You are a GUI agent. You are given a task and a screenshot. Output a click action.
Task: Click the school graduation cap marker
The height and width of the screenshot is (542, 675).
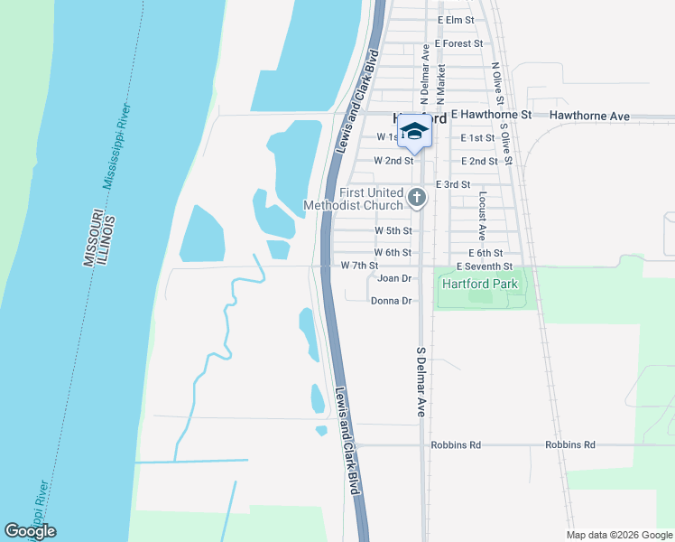point(414,132)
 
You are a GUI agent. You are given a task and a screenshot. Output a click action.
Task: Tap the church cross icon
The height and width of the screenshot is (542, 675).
point(417,197)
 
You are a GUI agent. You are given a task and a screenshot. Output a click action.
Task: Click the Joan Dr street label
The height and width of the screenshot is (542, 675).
point(394,278)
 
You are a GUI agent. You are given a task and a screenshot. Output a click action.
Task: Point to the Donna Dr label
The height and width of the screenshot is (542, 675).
point(391,301)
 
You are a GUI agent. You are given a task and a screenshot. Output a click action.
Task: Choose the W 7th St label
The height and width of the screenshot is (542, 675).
point(358,265)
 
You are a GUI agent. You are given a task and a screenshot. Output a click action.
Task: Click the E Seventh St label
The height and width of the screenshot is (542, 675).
point(485,266)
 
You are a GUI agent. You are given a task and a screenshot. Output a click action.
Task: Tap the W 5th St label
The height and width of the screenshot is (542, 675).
point(393,230)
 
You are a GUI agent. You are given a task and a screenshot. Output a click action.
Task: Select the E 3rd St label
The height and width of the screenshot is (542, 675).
point(453,184)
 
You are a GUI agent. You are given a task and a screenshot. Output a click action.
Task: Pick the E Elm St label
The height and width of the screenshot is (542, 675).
point(455,19)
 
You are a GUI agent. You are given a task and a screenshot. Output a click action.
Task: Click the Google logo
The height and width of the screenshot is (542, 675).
point(30,531)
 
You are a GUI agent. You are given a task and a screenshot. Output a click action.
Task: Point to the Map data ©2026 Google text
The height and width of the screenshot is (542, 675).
point(618,535)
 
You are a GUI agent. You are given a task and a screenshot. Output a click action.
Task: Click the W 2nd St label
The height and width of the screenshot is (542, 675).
point(393,161)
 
